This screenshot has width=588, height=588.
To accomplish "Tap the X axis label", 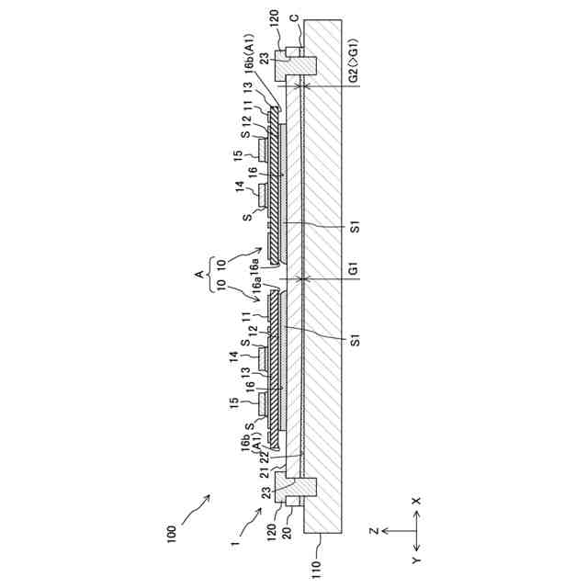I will pos(417,502).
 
